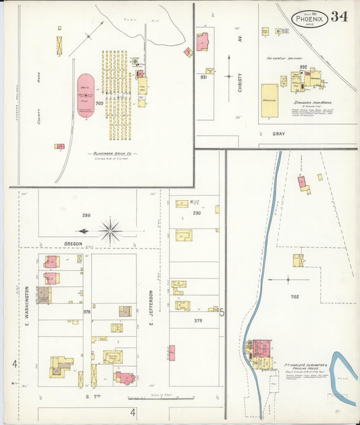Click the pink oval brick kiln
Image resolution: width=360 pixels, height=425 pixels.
(86, 96)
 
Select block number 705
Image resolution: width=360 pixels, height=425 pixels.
(100, 103)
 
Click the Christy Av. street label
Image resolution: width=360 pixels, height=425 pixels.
(239, 88)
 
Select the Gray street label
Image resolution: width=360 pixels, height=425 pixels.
(278, 134)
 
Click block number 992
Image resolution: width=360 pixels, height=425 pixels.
(303, 67)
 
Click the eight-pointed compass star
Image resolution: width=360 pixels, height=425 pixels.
(109, 230)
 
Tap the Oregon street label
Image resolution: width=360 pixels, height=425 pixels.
(73, 243)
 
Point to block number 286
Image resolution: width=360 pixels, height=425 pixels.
(86, 216)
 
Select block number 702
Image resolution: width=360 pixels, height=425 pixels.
(294, 297)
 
